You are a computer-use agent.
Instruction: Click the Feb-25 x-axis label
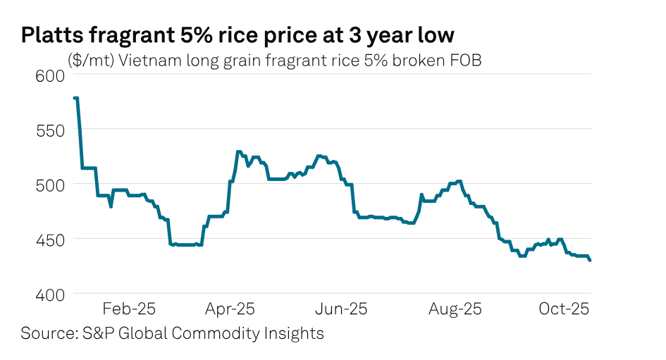[129, 309]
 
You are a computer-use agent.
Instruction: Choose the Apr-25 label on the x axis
[230, 309]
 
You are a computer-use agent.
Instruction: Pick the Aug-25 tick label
[457, 309]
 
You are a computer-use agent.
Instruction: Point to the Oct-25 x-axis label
[565, 309]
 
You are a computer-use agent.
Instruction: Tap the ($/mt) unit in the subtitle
[92, 61]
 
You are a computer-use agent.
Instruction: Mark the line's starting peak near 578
[75, 98]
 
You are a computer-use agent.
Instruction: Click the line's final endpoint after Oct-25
[590, 260]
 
